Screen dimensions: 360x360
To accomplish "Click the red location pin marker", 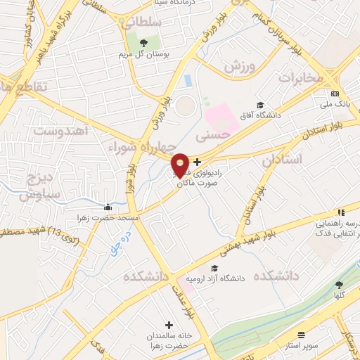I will click(180, 165).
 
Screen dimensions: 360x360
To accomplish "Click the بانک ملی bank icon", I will click(335, 94).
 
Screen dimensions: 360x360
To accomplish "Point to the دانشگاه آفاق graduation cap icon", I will click(260, 105).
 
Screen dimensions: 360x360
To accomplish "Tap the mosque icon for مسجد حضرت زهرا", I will click(107, 207).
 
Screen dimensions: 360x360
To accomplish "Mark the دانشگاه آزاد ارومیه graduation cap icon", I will click(214, 268).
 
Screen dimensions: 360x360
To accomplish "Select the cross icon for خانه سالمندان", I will click(168, 325).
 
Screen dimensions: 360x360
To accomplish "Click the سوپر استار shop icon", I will click(302, 335).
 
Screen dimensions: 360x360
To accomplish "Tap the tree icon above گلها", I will click(339, 285).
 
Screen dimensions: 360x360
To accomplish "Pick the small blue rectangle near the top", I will click(188, 81).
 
